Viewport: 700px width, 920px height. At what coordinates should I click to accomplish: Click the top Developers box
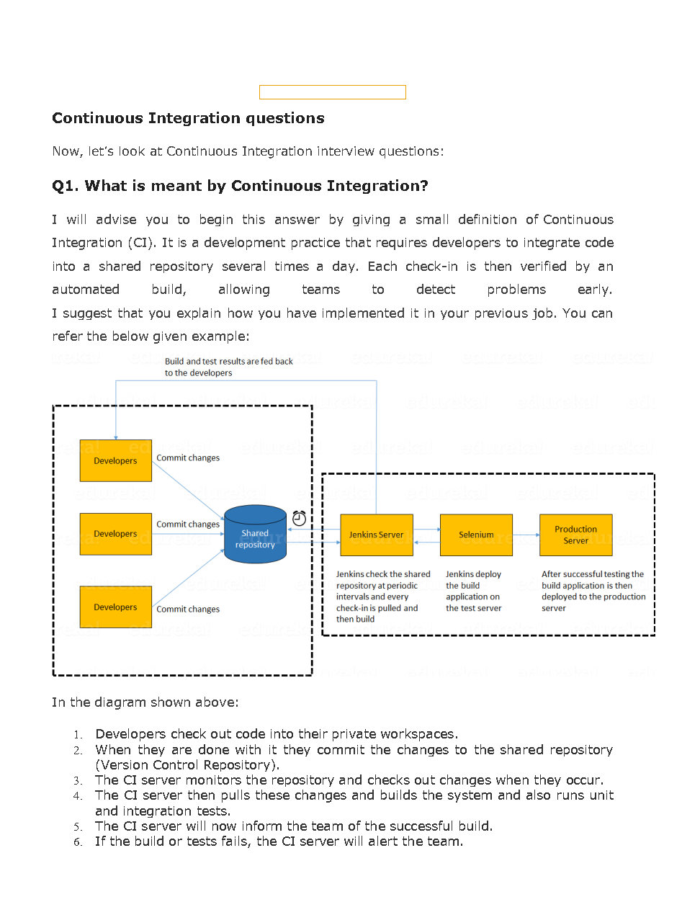115,460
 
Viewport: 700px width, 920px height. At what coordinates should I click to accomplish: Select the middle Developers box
115,534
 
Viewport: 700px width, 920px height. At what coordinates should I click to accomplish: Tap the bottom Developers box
115,607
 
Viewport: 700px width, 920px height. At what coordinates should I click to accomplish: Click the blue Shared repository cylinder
255,535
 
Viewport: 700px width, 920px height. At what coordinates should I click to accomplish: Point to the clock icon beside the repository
300,517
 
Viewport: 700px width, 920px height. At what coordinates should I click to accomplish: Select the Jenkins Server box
376,535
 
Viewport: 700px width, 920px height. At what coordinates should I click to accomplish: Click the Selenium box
476,535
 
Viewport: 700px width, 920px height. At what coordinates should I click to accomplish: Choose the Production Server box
575,535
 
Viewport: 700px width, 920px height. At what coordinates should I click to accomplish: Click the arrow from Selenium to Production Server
526,535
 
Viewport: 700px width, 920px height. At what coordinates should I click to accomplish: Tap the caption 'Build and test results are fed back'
228,362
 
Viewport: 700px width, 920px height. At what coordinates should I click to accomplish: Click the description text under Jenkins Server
382,596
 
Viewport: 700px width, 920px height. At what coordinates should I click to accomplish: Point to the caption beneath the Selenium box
473,591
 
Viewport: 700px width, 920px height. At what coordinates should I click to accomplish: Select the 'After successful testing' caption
592,591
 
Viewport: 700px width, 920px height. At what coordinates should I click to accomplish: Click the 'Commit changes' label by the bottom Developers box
188,609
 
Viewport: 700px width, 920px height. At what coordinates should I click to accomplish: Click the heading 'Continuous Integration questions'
188,118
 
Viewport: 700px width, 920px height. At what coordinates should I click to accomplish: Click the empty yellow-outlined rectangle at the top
332,92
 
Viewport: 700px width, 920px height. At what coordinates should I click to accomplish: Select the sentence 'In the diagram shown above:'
145,702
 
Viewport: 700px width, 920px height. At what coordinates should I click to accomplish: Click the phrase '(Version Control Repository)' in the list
187,765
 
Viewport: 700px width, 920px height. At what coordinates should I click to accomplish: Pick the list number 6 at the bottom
78,842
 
